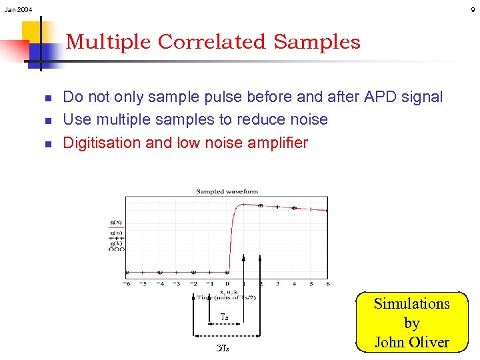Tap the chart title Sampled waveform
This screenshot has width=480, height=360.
pyautogui.click(x=227, y=191)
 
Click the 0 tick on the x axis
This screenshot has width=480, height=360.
pyautogui.click(x=227, y=283)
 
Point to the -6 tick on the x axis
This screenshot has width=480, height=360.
pyautogui.click(x=127, y=283)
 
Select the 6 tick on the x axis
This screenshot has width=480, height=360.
pyautogui.click(x=327, y=283)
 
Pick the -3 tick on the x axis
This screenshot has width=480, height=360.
pyautogui.click(x=177, y=283)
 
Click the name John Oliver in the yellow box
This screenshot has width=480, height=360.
pyautogui.click(x=411, y=343)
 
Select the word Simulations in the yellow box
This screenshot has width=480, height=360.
pyautogui.click(x=411, y=304)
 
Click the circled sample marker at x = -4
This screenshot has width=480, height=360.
pyautogui.click(x=160, y=272)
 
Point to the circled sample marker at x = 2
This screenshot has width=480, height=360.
pyautogui.click(x=261, y=205)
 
